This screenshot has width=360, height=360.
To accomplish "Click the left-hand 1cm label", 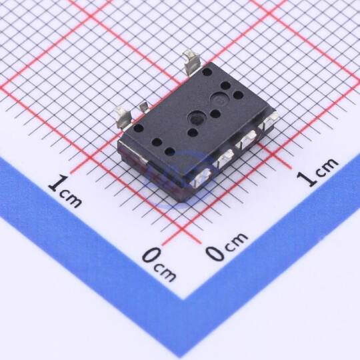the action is tap(65, 191).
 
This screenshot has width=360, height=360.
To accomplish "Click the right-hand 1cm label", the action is tap(317, 171).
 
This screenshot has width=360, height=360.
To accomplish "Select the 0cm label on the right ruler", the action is tap(227, 247).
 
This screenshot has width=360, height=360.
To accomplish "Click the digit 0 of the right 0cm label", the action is tap(214, 252).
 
